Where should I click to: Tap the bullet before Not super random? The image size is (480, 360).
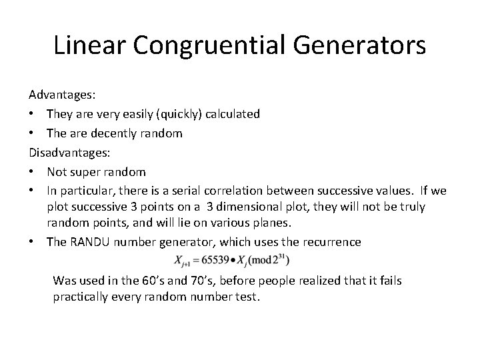click(x=32, y=171)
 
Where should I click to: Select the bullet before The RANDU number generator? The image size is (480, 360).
click(x=32, y=242)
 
